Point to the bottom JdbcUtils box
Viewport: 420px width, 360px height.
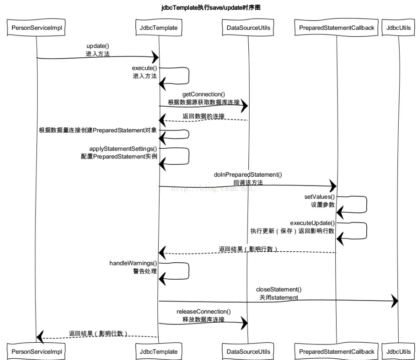398,352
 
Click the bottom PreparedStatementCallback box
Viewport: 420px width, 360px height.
337,352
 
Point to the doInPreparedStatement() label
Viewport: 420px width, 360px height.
248,175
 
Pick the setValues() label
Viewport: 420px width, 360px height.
319,197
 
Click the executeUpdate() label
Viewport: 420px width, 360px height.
312,222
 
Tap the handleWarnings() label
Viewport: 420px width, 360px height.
133,263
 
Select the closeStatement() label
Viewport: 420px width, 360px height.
279,289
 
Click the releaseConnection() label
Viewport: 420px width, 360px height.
204,312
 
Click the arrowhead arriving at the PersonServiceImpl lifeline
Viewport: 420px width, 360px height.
40,337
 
